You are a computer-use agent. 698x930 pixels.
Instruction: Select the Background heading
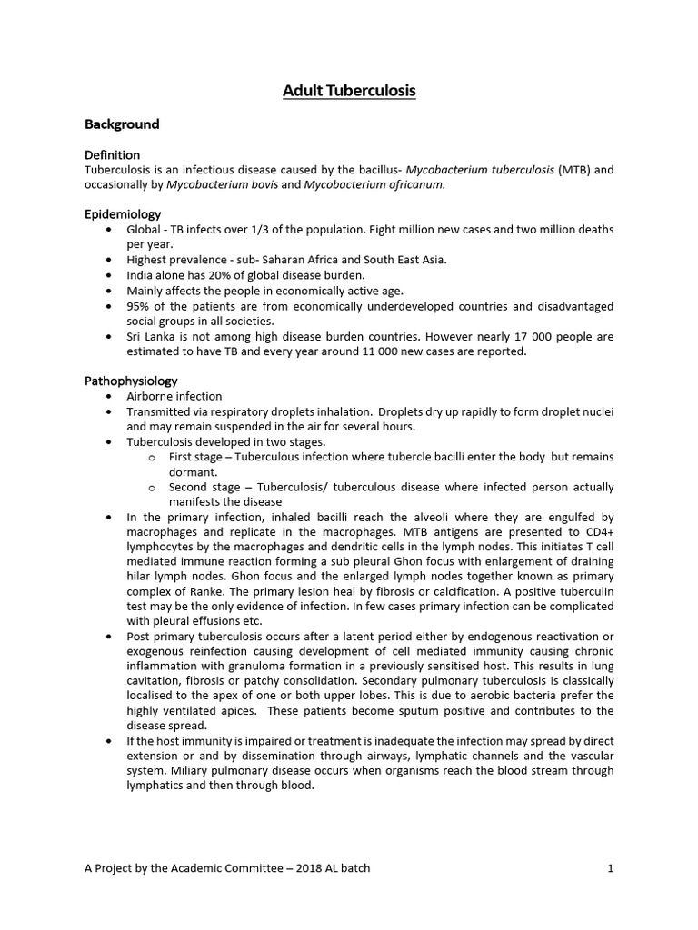(x=122, y=124)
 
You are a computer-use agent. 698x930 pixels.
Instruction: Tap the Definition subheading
(x=112, y=155)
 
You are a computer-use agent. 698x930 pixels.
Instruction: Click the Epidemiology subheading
(x=123, y=214)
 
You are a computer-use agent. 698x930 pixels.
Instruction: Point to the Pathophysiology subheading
(x=131, y=381)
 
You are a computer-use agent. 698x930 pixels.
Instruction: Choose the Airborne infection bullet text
(x=174, y=396)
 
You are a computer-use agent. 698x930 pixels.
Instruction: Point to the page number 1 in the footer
(x=611, y=868)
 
